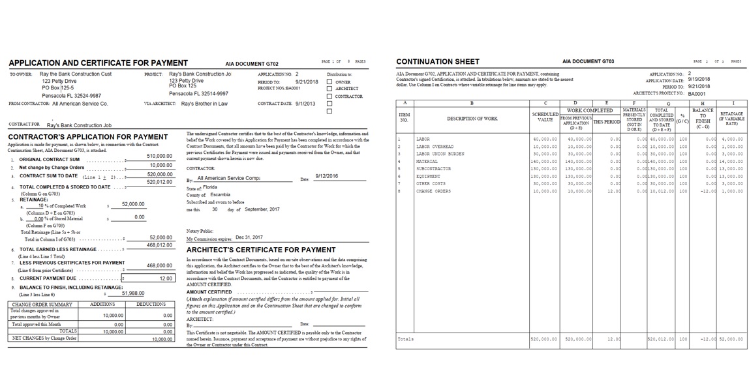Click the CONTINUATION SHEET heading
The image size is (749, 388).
[437, 62]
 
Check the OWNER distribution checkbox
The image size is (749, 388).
[329, 82]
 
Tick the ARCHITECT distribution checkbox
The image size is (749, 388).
[329, 89]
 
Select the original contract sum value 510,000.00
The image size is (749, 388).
[160, 157]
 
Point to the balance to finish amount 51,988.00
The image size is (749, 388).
[133, 293]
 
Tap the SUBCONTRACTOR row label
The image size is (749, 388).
[434, 168]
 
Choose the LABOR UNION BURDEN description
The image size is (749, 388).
[440, 154]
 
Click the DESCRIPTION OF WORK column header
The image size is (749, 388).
[472, 119]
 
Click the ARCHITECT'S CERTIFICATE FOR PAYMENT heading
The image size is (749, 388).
[261, 250]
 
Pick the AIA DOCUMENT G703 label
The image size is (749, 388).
[588, 62]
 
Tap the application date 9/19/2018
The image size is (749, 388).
[699, 80]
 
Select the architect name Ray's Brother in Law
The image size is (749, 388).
[204, 104]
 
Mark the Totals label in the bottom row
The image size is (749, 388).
[405, 339]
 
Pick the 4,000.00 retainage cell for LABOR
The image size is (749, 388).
[731, 139]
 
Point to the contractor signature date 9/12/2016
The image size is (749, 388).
[326, 176]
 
